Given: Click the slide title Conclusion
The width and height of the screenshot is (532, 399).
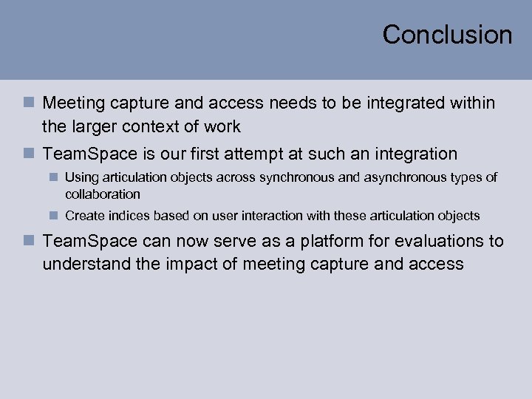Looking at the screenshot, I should [x=447, y=35].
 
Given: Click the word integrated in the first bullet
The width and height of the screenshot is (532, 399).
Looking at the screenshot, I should [x=407, y=103].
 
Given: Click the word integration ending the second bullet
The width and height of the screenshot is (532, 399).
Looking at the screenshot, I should [x=413, y=154].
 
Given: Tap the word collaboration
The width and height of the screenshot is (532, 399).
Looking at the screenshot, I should [x=103, y=194].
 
